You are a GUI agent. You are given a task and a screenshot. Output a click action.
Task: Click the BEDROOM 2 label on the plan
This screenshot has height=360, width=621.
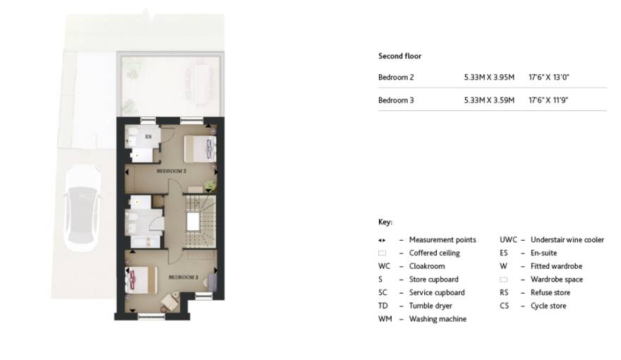click(x=171, y=171)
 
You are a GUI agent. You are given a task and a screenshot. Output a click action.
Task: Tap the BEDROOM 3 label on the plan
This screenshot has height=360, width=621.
click(x=183, y=277)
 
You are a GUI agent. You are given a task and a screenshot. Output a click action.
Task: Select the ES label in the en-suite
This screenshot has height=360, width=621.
click(x=148, y=137)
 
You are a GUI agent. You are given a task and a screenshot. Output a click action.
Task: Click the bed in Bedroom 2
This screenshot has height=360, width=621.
click(x=200, y=148)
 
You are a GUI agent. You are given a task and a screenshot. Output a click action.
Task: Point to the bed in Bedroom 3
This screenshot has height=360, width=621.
click(x=141, y=280)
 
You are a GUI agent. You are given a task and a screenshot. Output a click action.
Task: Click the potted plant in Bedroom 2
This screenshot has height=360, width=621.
click(x=210, y=186)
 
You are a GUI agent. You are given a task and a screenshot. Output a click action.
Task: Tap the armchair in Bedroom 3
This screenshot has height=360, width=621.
click(x=169, y=302)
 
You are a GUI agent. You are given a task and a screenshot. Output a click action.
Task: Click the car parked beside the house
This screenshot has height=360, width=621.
click(x=83, y=209)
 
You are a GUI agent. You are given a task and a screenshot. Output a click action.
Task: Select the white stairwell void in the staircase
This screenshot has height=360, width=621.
click(x=193, y=221)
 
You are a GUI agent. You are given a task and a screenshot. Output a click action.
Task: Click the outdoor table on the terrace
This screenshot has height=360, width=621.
click(x=200, y=85)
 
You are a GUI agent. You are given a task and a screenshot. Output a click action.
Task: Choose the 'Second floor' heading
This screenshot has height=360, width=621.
click(x=399, y=56)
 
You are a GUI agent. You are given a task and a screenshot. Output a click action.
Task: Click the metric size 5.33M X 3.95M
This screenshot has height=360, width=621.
click(x=489, y=77)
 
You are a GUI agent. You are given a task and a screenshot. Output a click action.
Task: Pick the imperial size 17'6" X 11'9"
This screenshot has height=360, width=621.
click(x=548, y=100)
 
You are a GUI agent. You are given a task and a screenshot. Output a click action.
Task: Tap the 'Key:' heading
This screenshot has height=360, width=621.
click(x=385, y=222)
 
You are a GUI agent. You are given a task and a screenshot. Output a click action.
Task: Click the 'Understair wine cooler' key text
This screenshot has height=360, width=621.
click(x=567, y=239)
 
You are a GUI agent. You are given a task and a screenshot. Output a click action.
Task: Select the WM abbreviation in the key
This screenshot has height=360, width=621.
click(x=385, y=319)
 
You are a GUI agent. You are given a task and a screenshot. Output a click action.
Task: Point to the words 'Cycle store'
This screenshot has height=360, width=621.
click(x=548, y=306)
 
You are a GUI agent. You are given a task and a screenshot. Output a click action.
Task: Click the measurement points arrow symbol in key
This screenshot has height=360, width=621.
click(x=382, y=240)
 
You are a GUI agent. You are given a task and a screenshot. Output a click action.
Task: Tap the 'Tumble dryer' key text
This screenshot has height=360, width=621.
click(x=430, y=306)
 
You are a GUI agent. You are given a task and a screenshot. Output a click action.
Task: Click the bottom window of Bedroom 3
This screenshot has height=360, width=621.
click(x=151, y=316)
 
